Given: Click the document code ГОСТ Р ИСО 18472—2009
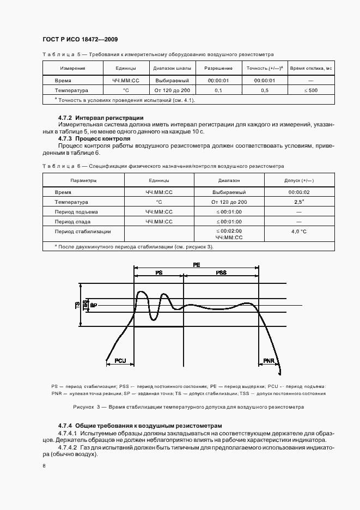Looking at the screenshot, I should coord(80,40).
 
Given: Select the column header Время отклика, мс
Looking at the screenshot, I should coord(311,69).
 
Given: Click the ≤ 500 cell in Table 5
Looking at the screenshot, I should coord(311,90).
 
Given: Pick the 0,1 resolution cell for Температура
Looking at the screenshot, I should coord(218,90).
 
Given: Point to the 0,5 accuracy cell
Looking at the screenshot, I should coord(264,90).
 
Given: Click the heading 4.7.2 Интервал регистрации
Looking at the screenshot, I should coord(101,118).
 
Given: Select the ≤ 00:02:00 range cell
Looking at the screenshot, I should coord(229,231).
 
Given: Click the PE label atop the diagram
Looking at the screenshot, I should coord(196,264).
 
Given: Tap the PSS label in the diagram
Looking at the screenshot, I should coord(221,272).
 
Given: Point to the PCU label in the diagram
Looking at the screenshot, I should coord(120,361).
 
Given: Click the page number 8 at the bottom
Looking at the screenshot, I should coord(44,466).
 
